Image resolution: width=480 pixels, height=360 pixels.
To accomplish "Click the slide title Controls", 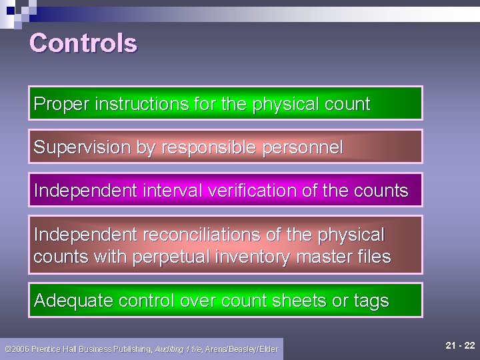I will coord(83,43).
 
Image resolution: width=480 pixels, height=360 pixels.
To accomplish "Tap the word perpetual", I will coord(169,257).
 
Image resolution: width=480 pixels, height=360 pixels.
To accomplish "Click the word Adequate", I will coord(73,301).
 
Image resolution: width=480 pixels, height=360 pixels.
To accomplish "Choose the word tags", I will coord(371,301).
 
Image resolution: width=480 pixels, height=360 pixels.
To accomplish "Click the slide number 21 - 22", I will coord(460,345).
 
